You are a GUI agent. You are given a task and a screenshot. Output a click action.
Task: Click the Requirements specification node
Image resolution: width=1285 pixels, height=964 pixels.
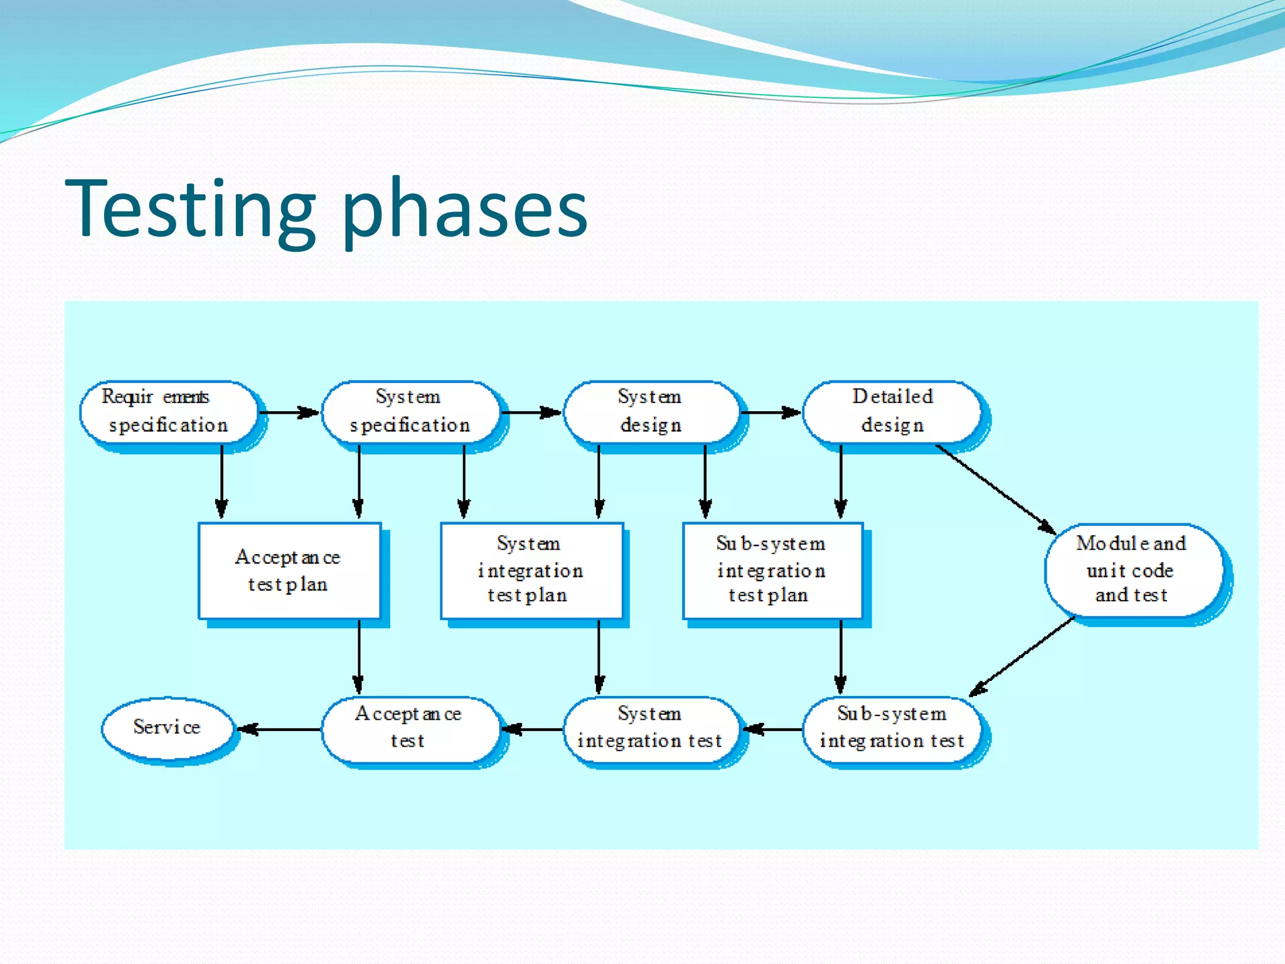[168, 412]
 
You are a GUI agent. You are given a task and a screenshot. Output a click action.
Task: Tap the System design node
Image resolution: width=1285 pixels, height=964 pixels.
[651, 412]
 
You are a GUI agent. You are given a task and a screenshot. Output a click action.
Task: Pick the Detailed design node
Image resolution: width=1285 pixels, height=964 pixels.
[892, 412]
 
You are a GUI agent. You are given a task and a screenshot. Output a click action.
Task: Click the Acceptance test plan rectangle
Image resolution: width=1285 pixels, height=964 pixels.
[289, 570]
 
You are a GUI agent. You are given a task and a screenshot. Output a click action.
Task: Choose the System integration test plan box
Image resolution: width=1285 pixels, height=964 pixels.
[531, 570]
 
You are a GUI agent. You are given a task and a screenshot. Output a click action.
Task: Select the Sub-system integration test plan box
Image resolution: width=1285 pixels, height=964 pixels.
[772, 570]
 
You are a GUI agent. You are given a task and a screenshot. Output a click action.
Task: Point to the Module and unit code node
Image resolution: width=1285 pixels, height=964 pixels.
[1133, 570]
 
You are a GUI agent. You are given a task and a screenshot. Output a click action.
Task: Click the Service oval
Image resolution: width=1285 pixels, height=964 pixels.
[167, 728]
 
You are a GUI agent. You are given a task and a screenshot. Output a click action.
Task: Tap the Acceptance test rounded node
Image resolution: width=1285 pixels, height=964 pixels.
[410, 729]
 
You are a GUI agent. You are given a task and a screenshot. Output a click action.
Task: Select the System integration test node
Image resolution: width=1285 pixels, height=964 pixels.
[651, 729]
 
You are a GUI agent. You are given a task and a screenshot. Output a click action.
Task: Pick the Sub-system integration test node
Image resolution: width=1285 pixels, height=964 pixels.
[892, 729]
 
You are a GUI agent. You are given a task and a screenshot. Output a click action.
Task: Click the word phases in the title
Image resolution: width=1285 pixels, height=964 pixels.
[464, 213]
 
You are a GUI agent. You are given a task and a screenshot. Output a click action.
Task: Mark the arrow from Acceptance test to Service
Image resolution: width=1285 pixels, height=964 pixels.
[280, 729]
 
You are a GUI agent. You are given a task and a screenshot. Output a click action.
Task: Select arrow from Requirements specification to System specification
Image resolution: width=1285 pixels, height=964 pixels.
[289, 412]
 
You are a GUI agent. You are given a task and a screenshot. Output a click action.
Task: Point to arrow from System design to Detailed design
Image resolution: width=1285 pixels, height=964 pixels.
[771, 412]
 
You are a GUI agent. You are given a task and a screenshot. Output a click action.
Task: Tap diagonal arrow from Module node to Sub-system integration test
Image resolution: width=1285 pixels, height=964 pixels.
[1023, 656]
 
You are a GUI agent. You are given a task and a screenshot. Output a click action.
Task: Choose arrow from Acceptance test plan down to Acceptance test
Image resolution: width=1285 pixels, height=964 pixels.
[359, 656]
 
